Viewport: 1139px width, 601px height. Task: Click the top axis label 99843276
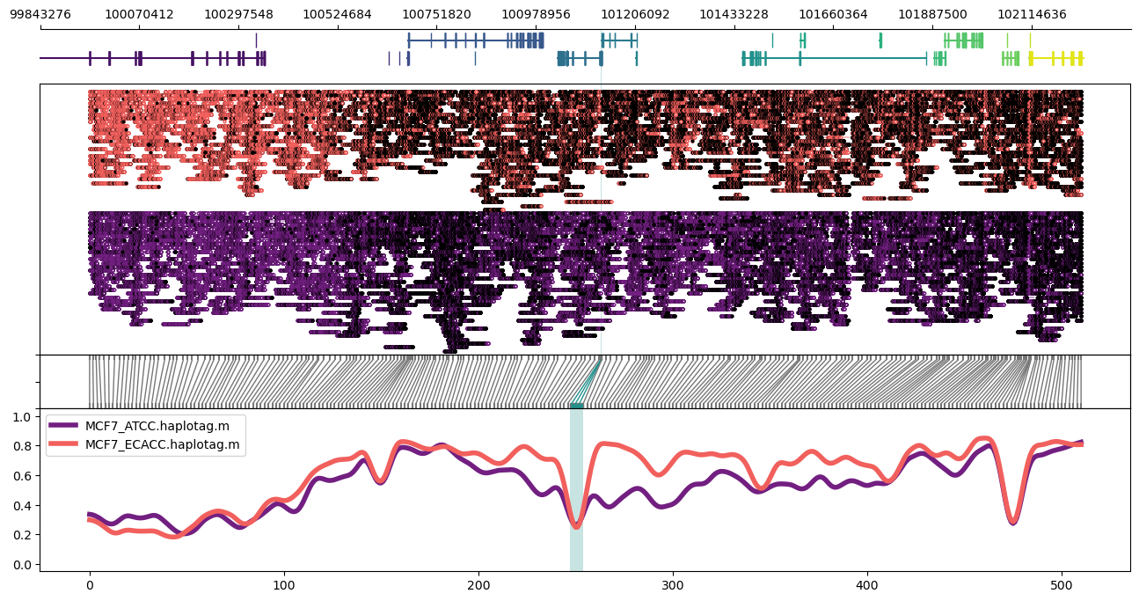40,14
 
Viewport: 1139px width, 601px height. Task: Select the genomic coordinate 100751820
436,14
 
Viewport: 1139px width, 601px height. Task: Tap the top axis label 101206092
635,14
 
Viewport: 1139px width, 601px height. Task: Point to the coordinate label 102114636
1032,14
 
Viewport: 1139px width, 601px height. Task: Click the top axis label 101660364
833,14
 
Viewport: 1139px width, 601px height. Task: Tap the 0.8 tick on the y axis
24,446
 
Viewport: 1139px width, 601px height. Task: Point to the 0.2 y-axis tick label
24,535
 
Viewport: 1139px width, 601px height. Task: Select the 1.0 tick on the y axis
24,416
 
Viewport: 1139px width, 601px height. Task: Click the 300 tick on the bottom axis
673,585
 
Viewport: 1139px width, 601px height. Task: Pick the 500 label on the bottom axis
1062,585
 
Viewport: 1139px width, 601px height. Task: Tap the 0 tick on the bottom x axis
89,585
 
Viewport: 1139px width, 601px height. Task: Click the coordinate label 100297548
238,14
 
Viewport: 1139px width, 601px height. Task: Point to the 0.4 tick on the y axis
24,505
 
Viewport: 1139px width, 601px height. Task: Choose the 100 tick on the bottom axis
284,585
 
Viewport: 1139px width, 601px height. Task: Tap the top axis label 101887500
932,14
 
